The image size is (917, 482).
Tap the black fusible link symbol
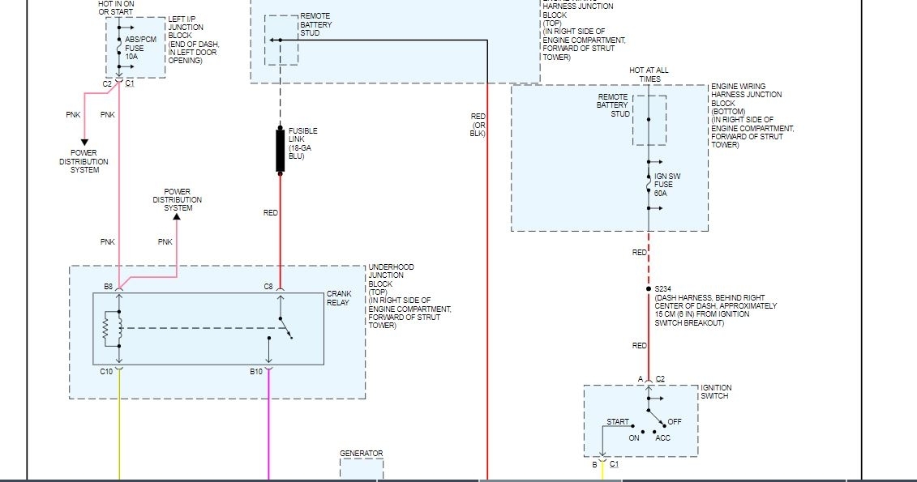click(x=281, y=151)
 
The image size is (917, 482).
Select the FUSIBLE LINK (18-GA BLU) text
click(x=302, y=143)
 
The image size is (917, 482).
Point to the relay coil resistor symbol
click(x=106, y=329)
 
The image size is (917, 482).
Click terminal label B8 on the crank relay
click(x=109, y=287)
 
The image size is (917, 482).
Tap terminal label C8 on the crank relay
click(x=268, y=287)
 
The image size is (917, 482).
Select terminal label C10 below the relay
click(x=106, y=372)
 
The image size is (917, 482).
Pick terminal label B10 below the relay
click(x=256, y=372)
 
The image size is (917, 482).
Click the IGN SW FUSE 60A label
click(x=664, y=184)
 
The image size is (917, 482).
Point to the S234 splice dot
click(x=649, y=289)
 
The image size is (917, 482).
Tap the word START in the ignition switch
click(x=618, y=422)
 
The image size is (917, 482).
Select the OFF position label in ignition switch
click(x=675, y=422)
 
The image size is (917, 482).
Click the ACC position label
click(x=662, y=438)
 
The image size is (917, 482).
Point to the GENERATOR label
click(x=362, y=454)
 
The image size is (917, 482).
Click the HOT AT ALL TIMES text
click(x=649, y=75)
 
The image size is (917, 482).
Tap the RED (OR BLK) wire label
click(x=478, y=125)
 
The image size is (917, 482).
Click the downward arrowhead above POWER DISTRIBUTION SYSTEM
click(x=84, y=143)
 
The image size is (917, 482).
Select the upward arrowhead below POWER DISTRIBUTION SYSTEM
click(x=177, y=217)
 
